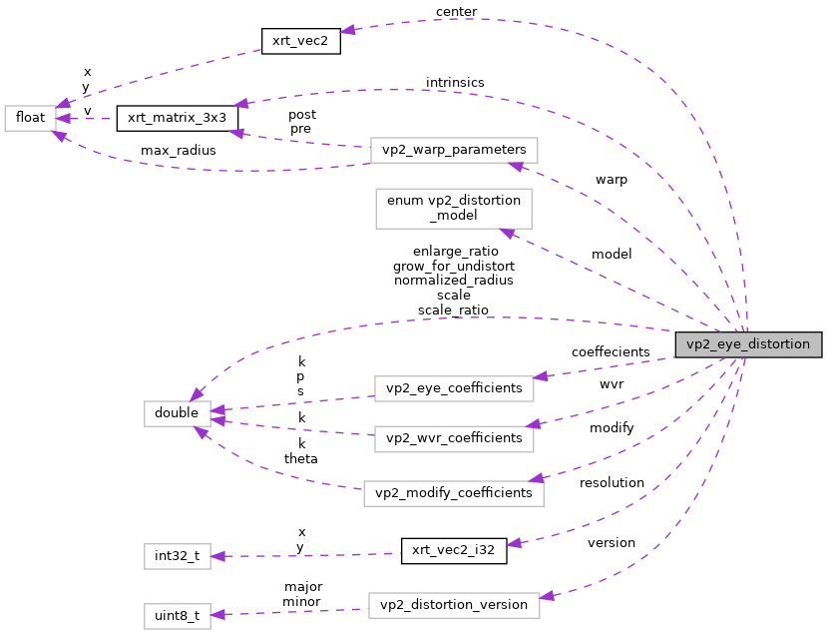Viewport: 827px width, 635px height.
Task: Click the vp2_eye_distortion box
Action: coord(748,343)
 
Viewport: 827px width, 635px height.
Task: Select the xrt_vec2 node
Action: coord(301,42)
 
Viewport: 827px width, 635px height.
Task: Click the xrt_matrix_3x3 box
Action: coord(177,118)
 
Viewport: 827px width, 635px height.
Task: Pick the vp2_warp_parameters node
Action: coord(454,150)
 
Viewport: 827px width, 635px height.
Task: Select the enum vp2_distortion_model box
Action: coord(453,208)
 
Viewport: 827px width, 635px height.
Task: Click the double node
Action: coord(177,412)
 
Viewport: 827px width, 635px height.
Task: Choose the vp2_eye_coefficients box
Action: coord(453,387)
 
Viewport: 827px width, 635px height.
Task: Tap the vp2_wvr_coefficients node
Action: coord(454,437)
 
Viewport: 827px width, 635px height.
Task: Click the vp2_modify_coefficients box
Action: coord(454,493)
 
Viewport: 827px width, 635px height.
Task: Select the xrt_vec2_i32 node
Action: coord(454,550)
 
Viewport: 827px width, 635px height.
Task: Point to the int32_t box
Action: coord(177,556)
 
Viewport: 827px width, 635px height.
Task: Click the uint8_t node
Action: coord(177,616)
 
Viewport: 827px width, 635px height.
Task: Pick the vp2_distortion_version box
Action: coord(454,606)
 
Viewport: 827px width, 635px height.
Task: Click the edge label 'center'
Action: coord(456,12)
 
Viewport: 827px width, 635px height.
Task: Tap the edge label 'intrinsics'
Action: coord(455,82)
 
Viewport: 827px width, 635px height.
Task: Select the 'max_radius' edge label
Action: coord(178,151)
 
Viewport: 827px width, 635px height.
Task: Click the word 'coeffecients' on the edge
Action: coord(611,352)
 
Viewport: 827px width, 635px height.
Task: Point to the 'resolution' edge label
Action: coord(612,483)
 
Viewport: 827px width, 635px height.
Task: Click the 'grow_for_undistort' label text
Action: coord(454,266)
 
